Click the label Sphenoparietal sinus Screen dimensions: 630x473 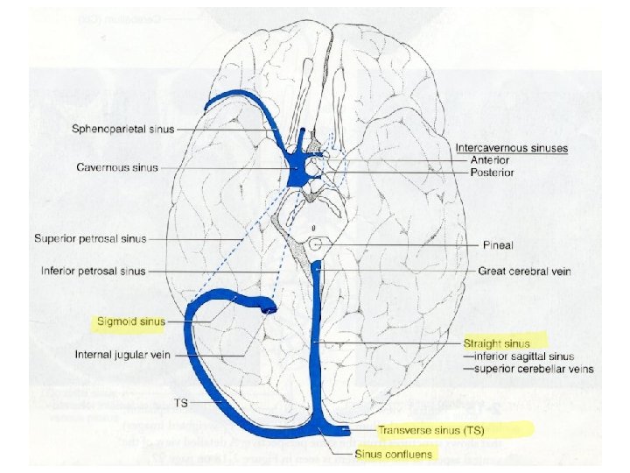coord(123,130)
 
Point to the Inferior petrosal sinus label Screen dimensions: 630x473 coord(93,271)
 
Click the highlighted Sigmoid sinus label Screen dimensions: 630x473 coord(132,321)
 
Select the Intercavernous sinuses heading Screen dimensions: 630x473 coord(512,148)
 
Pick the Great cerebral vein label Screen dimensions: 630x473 coord(524,272)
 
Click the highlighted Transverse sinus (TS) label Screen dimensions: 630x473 coord(432,430)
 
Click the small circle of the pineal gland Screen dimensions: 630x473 coord(316,246)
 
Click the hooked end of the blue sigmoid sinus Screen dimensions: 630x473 coord(267,306)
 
